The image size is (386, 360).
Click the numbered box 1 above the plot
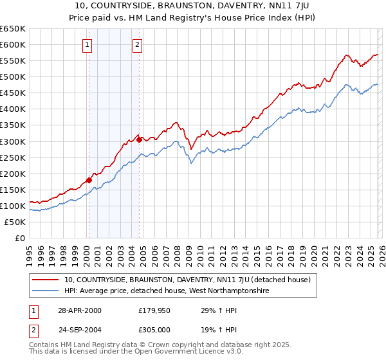click(x=87, y=44)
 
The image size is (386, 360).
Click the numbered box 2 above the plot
click(x=138, y=44)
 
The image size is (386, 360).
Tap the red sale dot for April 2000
click(x=89, y=180)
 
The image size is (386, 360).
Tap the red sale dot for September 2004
click(x=139, y=139)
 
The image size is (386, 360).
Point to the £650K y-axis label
click(x=13, y=29)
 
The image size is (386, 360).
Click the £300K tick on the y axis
click(x=13, y=141)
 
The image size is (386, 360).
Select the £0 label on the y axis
click(x=19, y=238)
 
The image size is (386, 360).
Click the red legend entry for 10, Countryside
click(x=187, y=280)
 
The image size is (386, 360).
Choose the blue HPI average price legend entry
click(x=166, y=291)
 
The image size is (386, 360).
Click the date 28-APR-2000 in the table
click(x=80, y=310)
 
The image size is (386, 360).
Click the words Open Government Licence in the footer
click(x=180, y=353)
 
